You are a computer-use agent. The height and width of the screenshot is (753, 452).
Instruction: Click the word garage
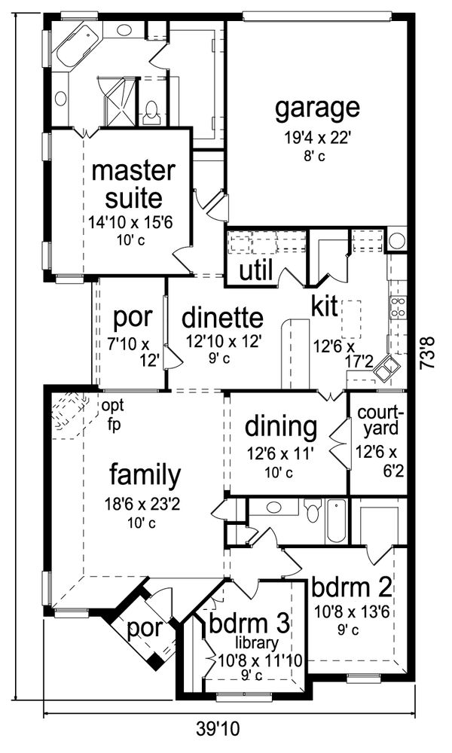pos(317,109)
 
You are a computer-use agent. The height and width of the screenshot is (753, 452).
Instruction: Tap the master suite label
pos(133,184)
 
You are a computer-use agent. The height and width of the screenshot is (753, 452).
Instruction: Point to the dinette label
pos(222,318)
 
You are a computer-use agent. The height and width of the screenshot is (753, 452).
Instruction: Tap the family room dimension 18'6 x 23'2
pos(142,505)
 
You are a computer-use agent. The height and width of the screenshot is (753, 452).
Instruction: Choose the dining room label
pos(281,426)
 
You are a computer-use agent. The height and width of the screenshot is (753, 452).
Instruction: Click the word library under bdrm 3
pos(256,642)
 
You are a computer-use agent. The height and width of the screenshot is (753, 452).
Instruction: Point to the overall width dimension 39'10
pos(218,729)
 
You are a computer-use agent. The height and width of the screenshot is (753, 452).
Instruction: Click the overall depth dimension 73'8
pos(427,352)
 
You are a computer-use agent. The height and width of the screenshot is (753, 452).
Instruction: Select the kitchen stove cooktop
pos(399,307)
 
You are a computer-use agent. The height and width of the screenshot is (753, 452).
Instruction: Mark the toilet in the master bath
pos(151,113)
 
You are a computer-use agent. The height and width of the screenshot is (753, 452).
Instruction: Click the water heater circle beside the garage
pos(397,240)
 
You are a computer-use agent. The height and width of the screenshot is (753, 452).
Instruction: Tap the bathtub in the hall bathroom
pos(336,520)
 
